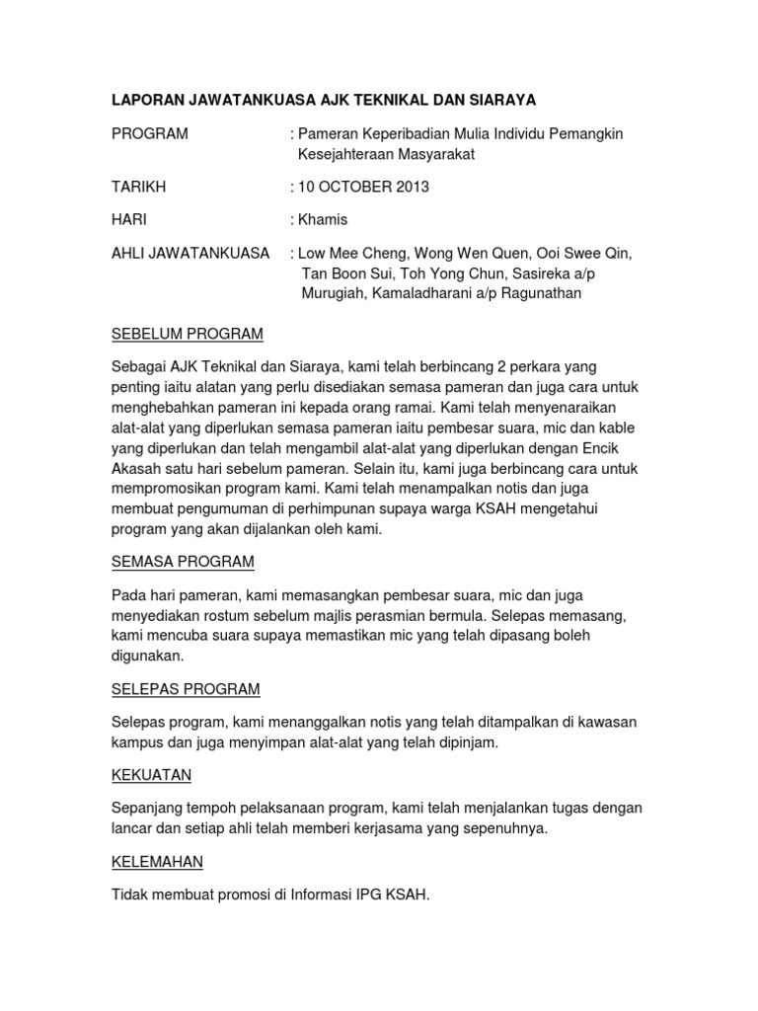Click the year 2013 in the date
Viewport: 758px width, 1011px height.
pos(410,187)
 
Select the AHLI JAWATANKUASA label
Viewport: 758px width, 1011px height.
pos(190,253)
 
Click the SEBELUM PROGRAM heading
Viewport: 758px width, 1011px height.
pos(187,333)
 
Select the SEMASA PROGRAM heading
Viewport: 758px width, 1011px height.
pos(183,562)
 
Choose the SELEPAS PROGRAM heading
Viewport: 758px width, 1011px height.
pos(186,688)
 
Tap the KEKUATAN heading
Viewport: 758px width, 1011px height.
pos(151,775)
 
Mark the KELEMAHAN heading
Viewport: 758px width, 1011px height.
pos(157,862)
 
